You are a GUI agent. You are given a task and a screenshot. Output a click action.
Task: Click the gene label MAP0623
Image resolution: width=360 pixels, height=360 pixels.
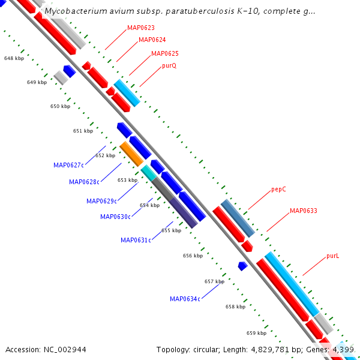[141, 28]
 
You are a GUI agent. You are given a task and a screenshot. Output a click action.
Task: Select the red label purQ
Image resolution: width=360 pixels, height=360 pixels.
[169, 65]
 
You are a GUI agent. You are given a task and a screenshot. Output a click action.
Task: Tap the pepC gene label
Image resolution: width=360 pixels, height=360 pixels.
[278, 189]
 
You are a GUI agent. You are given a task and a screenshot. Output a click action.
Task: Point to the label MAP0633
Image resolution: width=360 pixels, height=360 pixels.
[304, 211]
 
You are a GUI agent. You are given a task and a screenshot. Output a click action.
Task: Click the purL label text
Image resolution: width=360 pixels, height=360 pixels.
[333, 256]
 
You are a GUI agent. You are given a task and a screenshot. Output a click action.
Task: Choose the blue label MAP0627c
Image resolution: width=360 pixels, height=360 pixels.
[68, 165]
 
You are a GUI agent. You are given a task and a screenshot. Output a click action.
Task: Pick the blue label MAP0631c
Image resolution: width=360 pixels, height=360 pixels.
[136, 240]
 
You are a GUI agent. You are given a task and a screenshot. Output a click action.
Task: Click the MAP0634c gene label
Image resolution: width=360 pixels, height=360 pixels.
[185, 299]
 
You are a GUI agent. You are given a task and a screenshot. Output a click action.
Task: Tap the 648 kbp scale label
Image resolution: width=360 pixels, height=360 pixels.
[14, 59]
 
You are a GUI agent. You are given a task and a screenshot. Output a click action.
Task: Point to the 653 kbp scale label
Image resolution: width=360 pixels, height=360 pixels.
[127, 180]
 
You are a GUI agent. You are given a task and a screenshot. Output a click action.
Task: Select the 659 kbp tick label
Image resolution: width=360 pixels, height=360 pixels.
[256, 333]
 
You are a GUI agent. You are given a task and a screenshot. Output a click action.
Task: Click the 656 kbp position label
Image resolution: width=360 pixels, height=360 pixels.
[193, 256]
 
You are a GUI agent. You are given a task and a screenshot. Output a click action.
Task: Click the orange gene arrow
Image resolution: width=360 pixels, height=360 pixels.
[131, 154]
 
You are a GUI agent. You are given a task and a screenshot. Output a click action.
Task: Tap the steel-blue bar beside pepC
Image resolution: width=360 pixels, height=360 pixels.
[238, 218]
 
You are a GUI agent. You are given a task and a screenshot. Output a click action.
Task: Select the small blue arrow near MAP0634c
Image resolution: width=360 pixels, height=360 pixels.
[242, 265]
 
